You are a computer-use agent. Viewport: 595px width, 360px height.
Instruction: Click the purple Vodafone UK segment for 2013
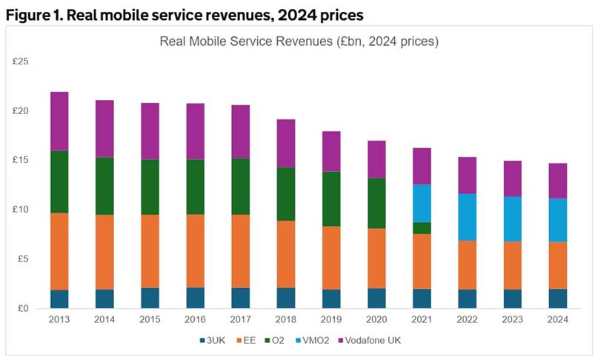[x=59, y=121]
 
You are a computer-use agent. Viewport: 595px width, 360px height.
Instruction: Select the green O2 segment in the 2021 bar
[x=422, y=228]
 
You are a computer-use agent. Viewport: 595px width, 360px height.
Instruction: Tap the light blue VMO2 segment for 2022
[x=468, y=217]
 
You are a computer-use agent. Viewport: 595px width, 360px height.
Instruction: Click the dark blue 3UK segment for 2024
[x=558, y=299]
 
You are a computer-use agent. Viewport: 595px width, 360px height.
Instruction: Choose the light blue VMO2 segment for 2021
[x=422, y=204]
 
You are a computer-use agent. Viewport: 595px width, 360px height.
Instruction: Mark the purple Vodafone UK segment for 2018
[x=285, y=143]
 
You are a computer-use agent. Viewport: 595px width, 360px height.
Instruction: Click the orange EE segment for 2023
[x=513, y=265]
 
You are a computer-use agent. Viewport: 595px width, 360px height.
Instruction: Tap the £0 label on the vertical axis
[x=22, y=308]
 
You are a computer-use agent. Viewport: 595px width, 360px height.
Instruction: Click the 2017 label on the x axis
[x=240, y=320]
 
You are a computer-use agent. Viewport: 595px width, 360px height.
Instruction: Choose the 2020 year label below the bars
[x=376, y=320]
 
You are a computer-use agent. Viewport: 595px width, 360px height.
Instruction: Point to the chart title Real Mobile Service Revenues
[x=299, y=41]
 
